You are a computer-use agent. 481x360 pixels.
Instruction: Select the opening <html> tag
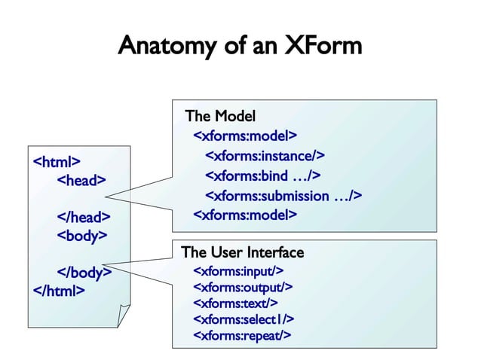tap(57, 160)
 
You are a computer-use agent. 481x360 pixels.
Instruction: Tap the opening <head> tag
tap(82, 179)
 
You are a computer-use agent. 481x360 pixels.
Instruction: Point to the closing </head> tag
tap(84, 217)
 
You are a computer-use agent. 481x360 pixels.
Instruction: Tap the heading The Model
tap(220, 116)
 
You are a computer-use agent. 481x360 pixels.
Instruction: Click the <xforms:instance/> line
tap(265, 156)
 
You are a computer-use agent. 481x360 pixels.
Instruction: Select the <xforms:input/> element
tap(238, 270)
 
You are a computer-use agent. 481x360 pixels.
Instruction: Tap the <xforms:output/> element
tap(243, 287)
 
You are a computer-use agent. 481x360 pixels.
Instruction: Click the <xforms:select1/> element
tap(244, 319)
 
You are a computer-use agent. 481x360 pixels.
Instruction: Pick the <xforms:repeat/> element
tap(242, 335)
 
